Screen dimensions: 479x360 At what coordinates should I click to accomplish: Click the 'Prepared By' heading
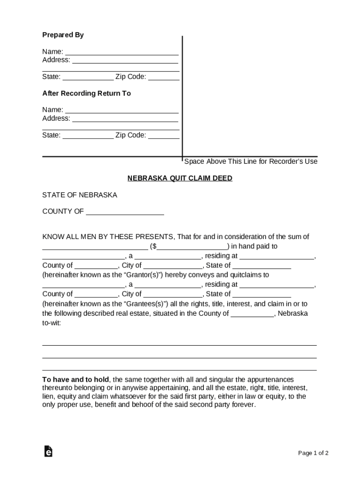point(63,35)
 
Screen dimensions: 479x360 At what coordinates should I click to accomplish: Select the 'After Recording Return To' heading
point(86,94)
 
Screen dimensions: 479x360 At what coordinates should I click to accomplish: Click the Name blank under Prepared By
point(122,52)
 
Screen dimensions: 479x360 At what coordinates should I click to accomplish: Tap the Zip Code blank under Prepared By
point(164,77)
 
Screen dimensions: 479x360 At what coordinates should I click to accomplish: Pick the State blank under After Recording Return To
point(88,136)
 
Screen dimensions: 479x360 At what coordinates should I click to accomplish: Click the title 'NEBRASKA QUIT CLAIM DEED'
point(180,178)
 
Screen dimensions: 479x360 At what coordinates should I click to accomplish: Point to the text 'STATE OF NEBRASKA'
point(80,195)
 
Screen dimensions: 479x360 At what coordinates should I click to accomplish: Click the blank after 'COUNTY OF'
point(125,212)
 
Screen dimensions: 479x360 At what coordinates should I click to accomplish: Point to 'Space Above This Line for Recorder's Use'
point(251,161)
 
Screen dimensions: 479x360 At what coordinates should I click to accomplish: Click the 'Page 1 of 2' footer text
point(313,453)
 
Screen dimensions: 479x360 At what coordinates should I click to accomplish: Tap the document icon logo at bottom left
point(48,451)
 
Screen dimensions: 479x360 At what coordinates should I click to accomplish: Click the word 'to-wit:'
point(52,323)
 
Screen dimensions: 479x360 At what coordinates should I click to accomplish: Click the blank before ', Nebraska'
point(252,314)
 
